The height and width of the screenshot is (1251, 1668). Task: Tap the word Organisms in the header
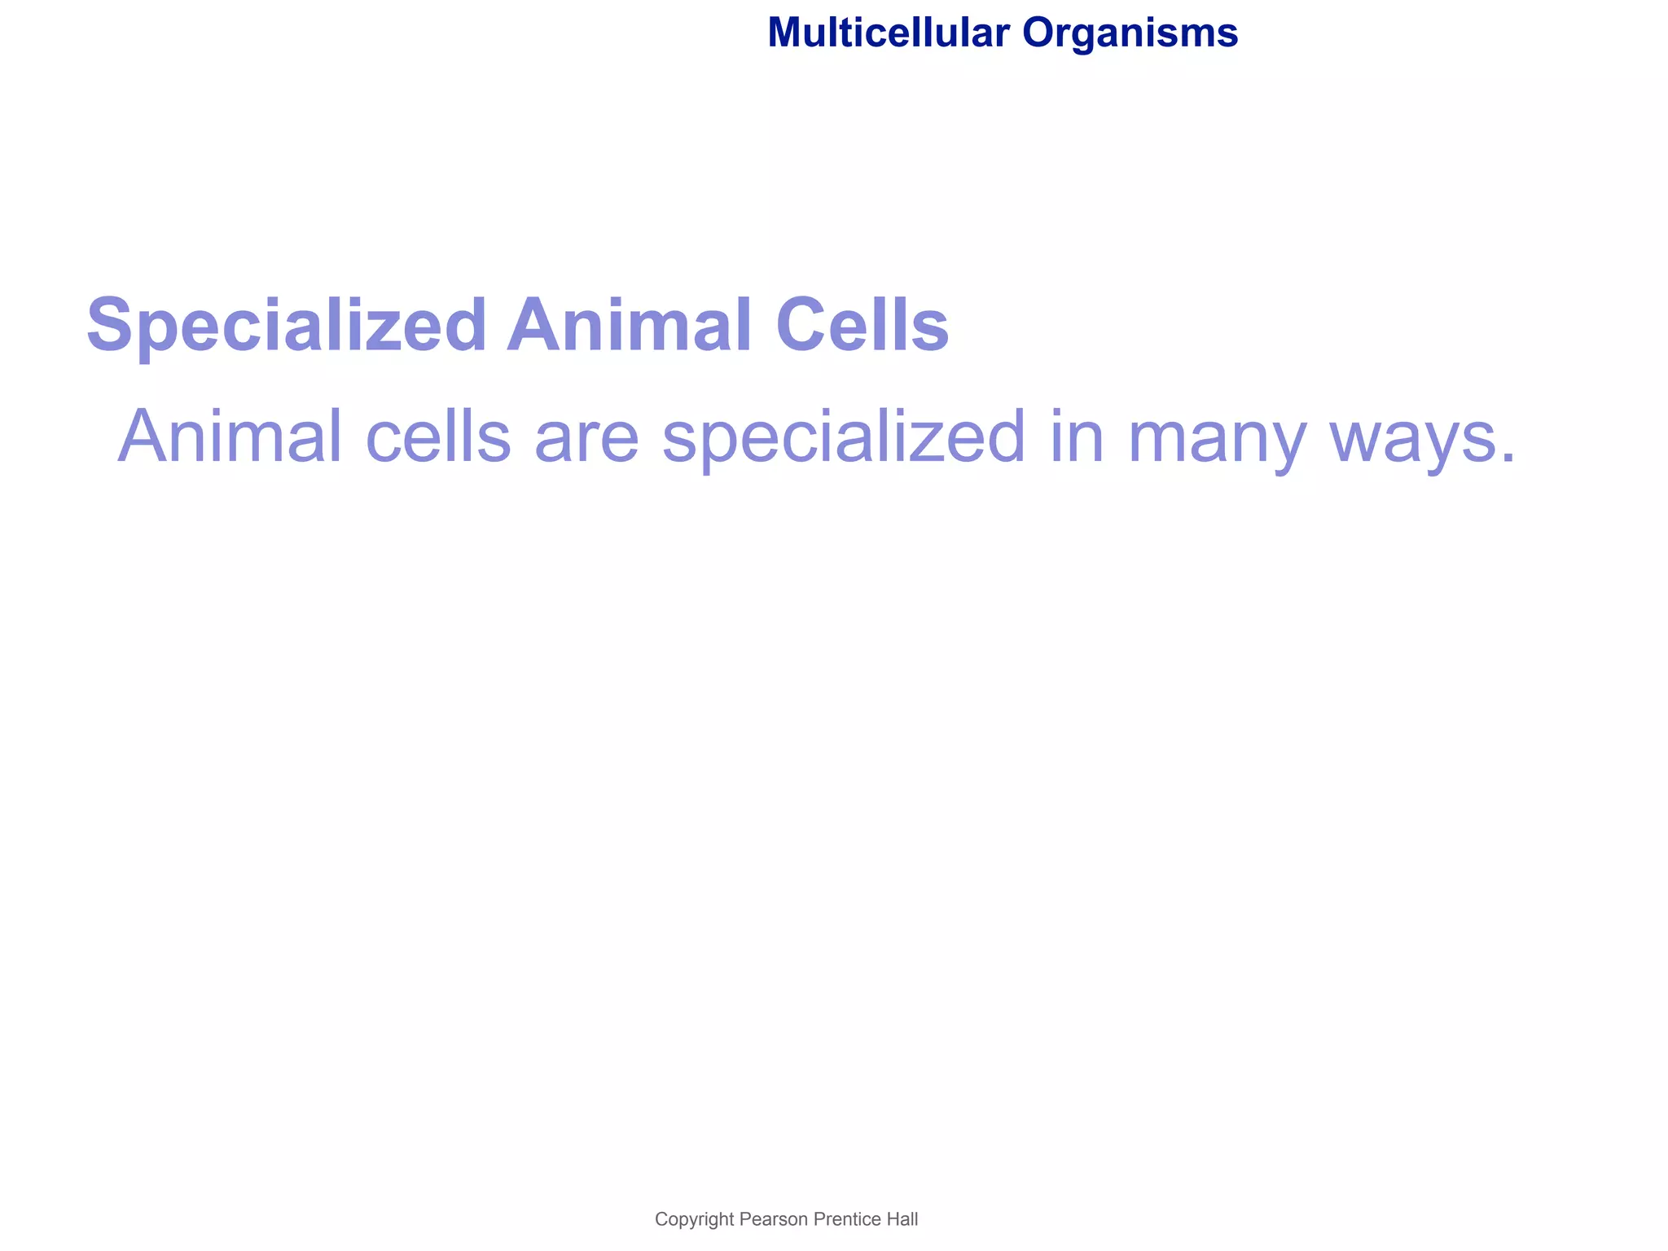click(x=1130, y=33)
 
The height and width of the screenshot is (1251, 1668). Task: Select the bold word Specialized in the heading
click(x=286, y=326)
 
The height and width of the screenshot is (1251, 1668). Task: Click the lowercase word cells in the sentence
click(x=438, y=437)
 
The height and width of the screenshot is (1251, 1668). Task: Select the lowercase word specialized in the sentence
click(x=844, y=437)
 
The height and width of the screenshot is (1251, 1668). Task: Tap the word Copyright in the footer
click(x=695, y=1220)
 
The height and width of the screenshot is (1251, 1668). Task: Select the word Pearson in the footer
click(x=773, y=1219)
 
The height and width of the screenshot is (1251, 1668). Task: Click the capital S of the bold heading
click(x=111, y=326)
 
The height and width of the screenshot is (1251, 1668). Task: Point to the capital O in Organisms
click(x=1038, y=33)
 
